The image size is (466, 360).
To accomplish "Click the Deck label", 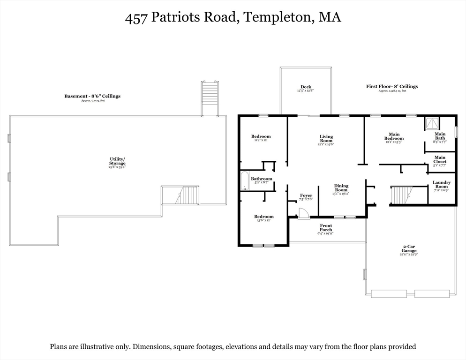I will pos(306,87).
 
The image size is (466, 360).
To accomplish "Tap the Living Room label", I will pos(326,139).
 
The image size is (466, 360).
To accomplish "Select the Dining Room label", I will pos(341,187).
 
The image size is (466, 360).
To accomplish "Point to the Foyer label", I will pos(306,195).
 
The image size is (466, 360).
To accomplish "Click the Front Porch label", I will pos(326,228).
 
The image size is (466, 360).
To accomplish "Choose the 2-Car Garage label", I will pos(409,248).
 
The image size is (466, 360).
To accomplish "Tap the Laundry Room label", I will pos(442,184).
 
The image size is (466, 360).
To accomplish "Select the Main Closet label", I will pos(440,159).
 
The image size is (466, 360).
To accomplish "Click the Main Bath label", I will pos(440,136).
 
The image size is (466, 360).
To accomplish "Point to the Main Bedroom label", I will pos(394,136).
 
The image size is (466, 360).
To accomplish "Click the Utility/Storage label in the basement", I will pos(117,161).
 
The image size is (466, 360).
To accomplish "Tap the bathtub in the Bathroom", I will pos(244,181).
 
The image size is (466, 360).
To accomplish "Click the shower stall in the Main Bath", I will pos(432,124).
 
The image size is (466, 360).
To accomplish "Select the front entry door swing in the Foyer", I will pos(304,213).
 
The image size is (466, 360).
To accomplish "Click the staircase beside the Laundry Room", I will pos(402,195).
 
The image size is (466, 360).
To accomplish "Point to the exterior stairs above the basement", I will pos(210,98).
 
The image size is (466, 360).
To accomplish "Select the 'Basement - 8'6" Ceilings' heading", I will pos(92,96).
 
